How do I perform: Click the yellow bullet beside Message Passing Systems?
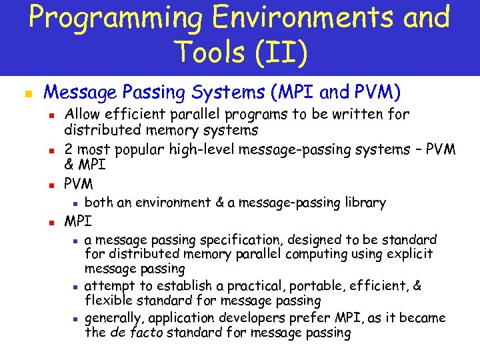[x=27, y=93]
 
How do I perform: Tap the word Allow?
[x=82, y=115]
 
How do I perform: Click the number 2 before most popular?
[x=68, y=149]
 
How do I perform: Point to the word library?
[x=363, y=203]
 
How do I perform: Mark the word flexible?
[x=108, y=301]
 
